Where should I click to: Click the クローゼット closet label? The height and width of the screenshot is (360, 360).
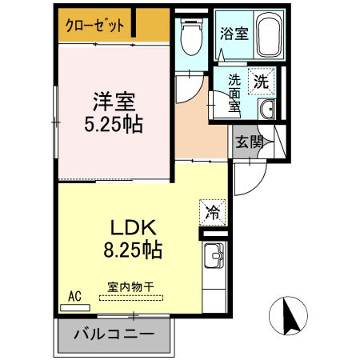pos(94,26)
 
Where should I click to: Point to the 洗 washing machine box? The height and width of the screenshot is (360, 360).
pos(262,80)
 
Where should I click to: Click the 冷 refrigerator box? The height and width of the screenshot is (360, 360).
pos(213,212)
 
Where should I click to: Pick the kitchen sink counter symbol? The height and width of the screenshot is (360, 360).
pos(213,261)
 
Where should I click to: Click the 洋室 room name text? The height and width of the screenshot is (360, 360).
pos(114,102)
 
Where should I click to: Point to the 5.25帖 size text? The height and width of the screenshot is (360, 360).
pos(114,125)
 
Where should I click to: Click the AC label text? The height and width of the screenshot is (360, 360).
pos(75,296)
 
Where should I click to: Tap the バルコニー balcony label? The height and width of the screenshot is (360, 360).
pos(114,334)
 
